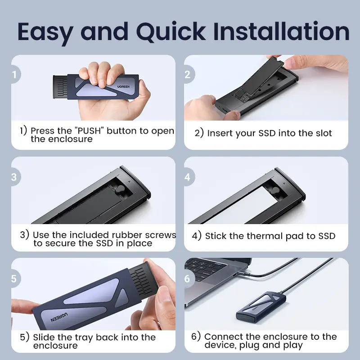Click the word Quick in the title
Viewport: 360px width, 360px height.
click(171, 32)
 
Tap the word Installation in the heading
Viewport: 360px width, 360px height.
click(282, 31)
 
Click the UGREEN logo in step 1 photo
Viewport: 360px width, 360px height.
click(123, 86)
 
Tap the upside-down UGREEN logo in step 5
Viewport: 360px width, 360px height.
click(59, 317)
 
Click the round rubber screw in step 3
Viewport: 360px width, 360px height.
click(120, 189)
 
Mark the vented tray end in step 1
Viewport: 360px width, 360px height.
click(60, 87)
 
